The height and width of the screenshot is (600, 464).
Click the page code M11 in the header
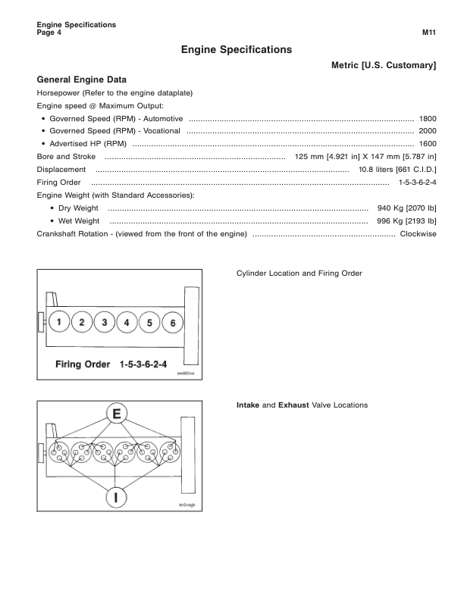(429, 33)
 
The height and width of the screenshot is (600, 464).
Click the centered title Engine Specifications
(237, 49)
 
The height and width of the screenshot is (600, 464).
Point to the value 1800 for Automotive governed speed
(428, 119)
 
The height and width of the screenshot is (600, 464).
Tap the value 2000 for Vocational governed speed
(428, 131)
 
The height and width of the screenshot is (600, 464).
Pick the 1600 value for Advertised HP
(428, 143)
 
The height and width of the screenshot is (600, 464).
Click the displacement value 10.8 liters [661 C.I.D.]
(397, 170)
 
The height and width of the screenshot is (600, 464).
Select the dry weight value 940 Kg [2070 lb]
(406, 208)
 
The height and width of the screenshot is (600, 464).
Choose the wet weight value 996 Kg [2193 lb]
(406, 220)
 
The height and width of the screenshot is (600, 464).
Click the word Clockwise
(419, 233)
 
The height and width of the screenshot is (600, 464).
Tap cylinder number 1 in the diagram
(59, 323)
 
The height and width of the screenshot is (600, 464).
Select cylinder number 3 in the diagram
(105, 323)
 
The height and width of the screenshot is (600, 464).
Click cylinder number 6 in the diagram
(173, 323)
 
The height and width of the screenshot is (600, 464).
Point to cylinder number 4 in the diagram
(127, 323)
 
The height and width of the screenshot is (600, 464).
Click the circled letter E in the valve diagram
(116, 414)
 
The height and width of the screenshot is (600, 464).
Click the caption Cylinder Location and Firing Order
(299, 273)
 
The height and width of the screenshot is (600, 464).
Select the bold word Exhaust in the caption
(293, 405)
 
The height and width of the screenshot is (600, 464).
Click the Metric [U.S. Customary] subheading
(384, 66)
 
